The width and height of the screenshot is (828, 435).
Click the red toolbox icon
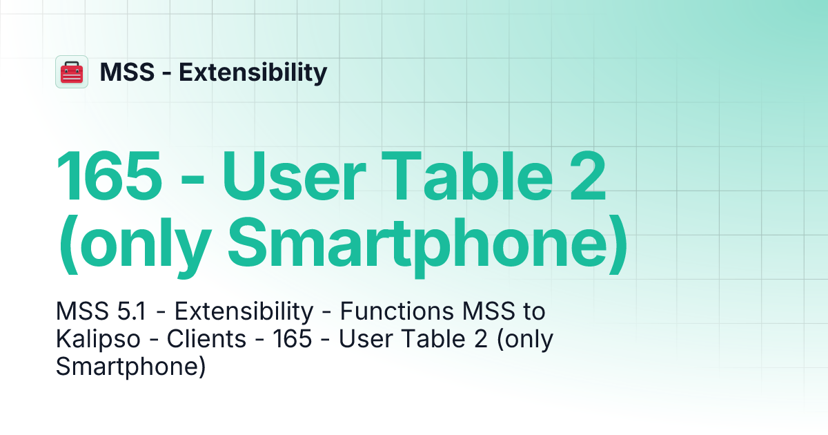pos(72,72)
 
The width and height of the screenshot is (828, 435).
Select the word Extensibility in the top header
pos(253,72)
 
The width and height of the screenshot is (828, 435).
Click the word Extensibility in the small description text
pos(244,312)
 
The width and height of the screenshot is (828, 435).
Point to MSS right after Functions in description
pos(477,312)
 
